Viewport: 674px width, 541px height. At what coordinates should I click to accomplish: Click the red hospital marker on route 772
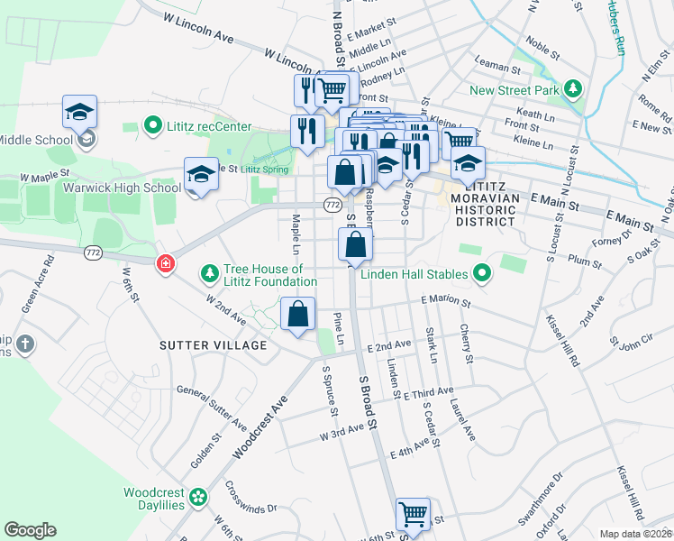pyautogui.click(x=165, y=264)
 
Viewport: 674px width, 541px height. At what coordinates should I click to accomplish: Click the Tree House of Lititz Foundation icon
pyautogui.click(x=209, y=271)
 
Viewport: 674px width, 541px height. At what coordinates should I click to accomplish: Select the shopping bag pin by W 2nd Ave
pyautogui.click(x=298, y=316)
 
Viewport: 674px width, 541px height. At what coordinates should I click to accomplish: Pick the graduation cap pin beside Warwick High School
pyautogui.click(x=201, y=174)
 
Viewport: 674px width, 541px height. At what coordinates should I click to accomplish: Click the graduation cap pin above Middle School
pyautogui.click(x=79, y=113)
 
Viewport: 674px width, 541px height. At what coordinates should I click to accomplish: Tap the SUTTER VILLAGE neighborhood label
pyautogui.click(x=214, y=345)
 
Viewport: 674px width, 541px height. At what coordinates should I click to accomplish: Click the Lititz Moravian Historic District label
pyautogui.click(x=483, y=197)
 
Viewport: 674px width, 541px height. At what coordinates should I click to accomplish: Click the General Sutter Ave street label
pyautogui.click(x=212, y=407)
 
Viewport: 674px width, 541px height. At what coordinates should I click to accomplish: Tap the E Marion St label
pyautogui.click(x=444, y=302)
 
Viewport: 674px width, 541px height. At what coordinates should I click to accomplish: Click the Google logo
pyautogui.click(x=30, y=530)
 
